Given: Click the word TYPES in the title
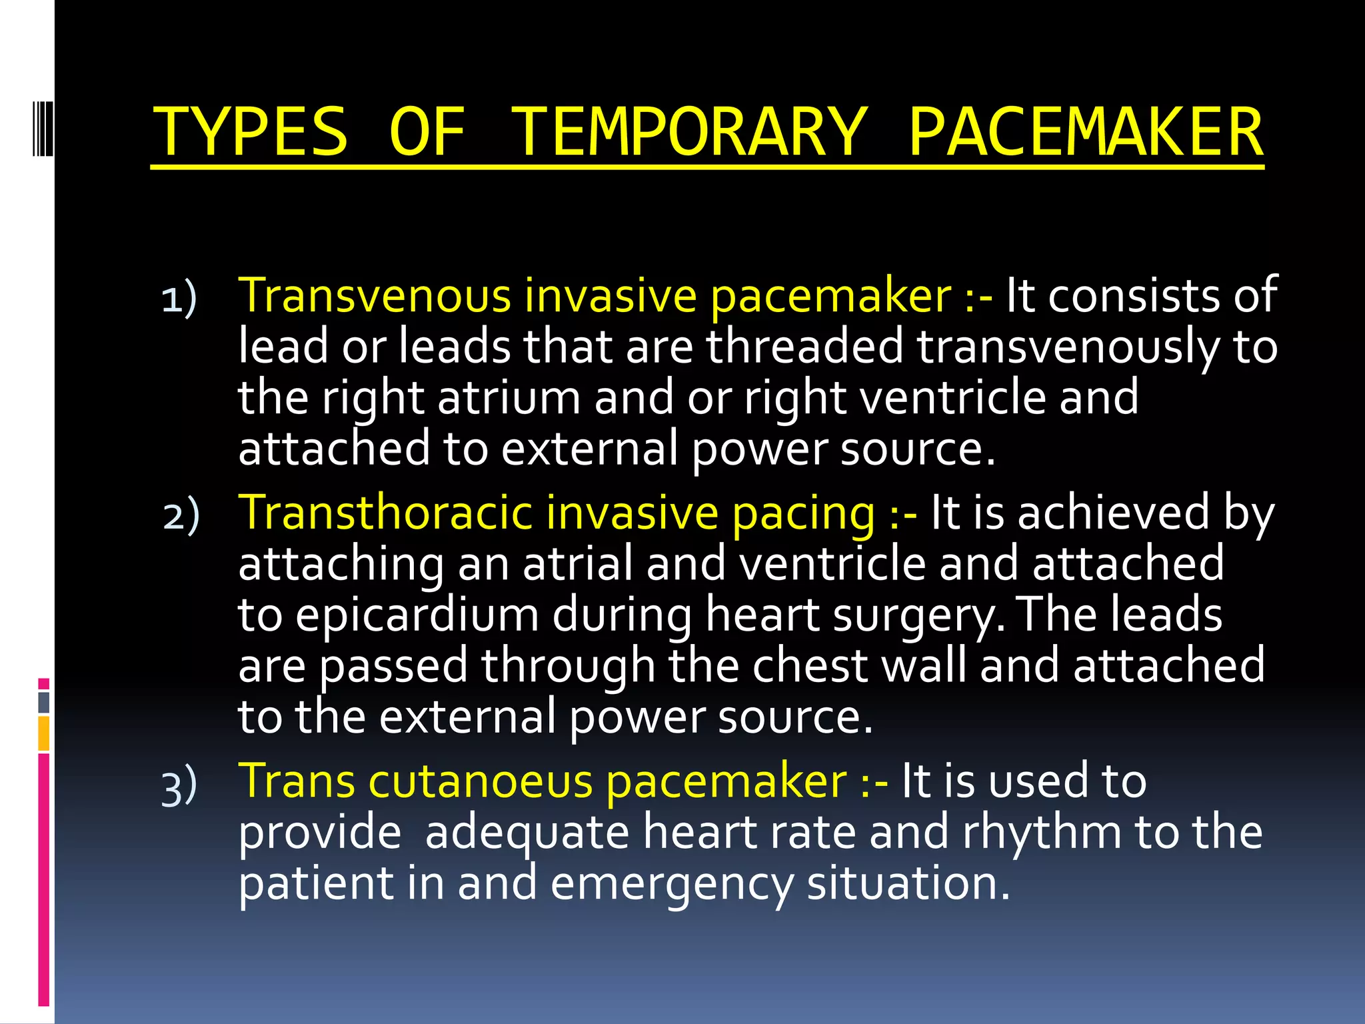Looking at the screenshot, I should coord(251,132).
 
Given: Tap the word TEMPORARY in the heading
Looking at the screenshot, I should coord(689,132).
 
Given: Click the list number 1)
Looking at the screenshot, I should coord(179,298).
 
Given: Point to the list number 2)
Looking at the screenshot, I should coord(181,515).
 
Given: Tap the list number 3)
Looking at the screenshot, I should coord(179,785).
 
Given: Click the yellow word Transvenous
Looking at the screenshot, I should coord(375,295).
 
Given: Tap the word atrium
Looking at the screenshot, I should coord(510,397).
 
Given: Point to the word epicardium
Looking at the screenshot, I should coord(417,615).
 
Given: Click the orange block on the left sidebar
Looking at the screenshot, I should coord(44,733).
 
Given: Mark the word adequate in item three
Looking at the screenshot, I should coord(527,833).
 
